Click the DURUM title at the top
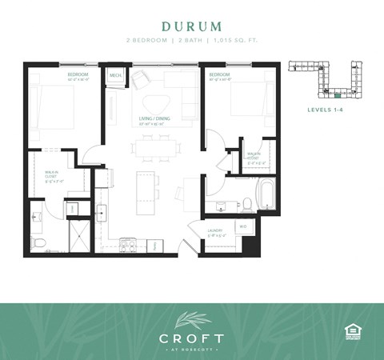[191, 26]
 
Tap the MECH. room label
[114, 77]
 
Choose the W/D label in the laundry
[242, 226]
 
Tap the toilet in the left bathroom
[37, 240]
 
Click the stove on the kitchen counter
[128, 245]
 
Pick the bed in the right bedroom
[249, 105]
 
